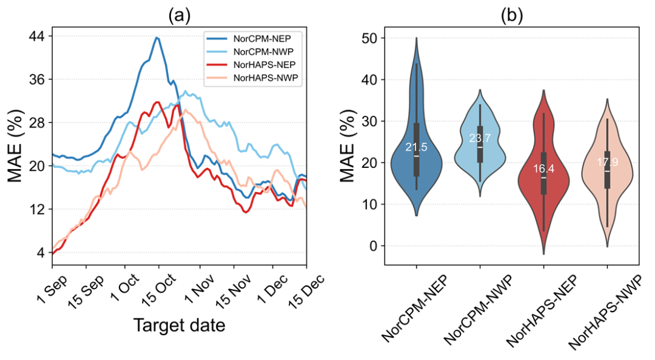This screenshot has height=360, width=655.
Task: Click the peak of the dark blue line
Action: (157, 38)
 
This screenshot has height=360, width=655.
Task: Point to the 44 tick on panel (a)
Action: (36, 36)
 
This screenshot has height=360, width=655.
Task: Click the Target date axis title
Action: (179, 325)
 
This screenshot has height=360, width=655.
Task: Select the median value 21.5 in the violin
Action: (417, 147)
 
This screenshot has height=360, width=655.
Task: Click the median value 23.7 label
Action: (480, 139)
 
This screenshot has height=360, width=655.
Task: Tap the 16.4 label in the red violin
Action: (543, 169)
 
